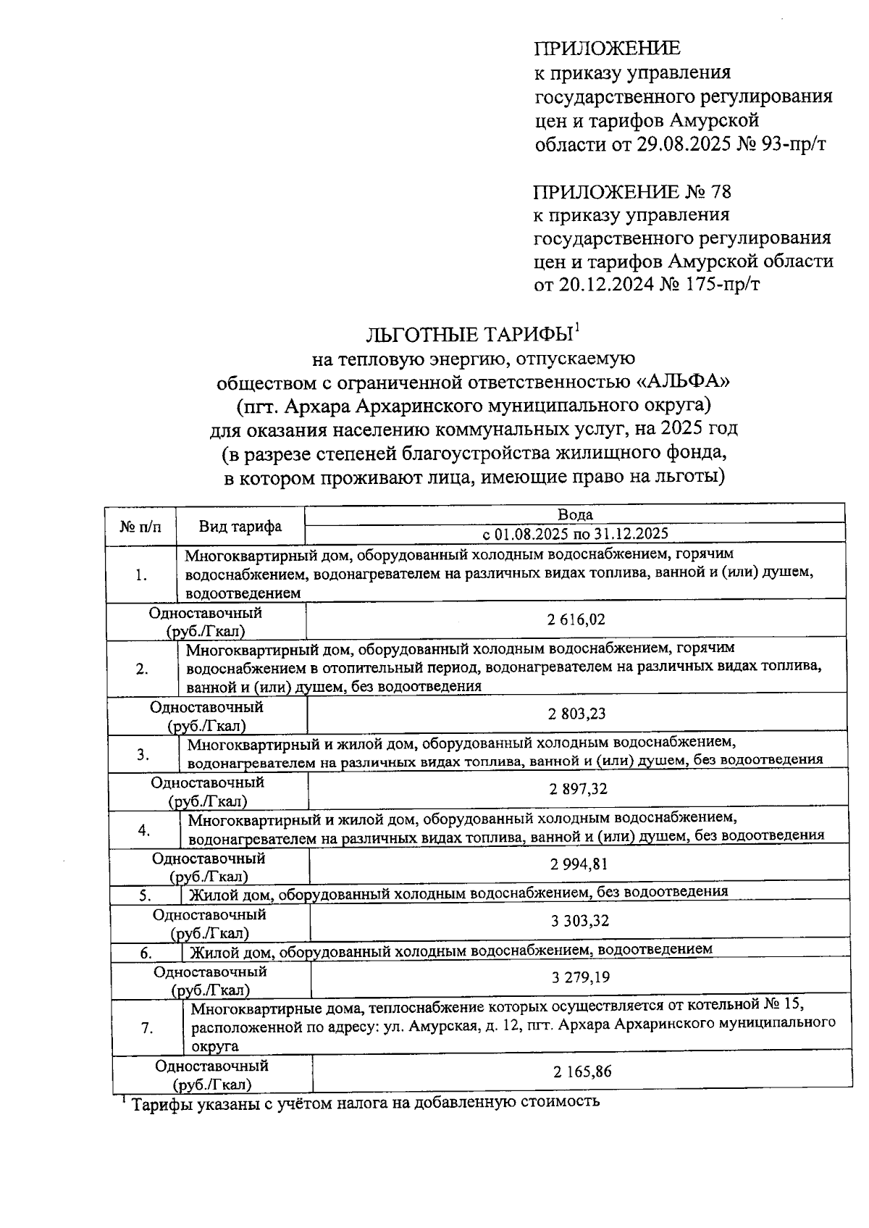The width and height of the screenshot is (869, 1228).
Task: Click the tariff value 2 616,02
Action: pos(576,619)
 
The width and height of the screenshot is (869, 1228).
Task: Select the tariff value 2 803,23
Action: pos(577,714)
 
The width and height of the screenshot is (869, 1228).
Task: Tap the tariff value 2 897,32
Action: pos(578,789)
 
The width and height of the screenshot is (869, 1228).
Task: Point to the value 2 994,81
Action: pos(579,864)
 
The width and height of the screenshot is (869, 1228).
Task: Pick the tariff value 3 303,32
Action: pos(579,921)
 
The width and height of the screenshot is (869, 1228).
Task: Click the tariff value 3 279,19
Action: pos(580,977)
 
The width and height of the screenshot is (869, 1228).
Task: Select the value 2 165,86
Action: pos(582,1071)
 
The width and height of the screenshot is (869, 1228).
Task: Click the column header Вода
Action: pos(575,514)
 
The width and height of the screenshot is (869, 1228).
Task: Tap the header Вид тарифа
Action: pos(240,526)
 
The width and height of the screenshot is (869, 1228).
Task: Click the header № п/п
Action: pos(140,526)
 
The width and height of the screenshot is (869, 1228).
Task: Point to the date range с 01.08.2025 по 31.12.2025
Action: pos(575,534)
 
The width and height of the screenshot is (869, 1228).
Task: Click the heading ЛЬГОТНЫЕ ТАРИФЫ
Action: pos(469,335)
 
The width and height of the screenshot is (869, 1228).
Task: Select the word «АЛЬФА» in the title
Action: pos(681,380)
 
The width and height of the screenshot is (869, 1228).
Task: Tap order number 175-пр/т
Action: pos(732,285)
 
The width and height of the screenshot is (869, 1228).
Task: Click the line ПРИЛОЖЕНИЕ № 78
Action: pos(632,192)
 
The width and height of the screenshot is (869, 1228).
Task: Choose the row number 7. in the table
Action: pos(147,1027)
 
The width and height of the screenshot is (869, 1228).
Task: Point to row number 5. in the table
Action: pos(145,895)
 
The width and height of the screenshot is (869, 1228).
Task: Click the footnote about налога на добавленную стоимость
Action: pos(362,1103)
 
